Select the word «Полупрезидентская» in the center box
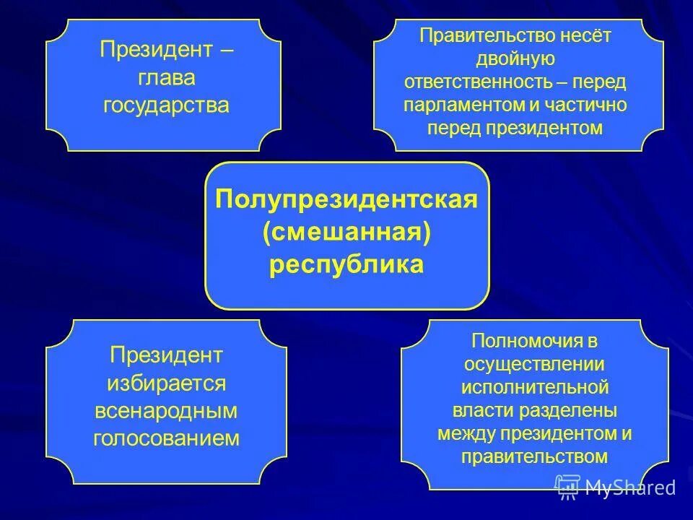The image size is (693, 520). click(x=346, y=199)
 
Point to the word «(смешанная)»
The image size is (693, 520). click(x=346, y=232)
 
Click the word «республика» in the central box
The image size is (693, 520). click(x=346, y=264)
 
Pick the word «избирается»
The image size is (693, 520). click(x=166, y=383)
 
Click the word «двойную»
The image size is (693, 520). click(x=515, y=58)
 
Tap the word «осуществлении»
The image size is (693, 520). click(x=535, y=364)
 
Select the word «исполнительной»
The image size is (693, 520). click(x=535, y=387)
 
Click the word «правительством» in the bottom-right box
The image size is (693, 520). click(x=535, y=456)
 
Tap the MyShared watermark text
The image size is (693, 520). click(x=629, y=487)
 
